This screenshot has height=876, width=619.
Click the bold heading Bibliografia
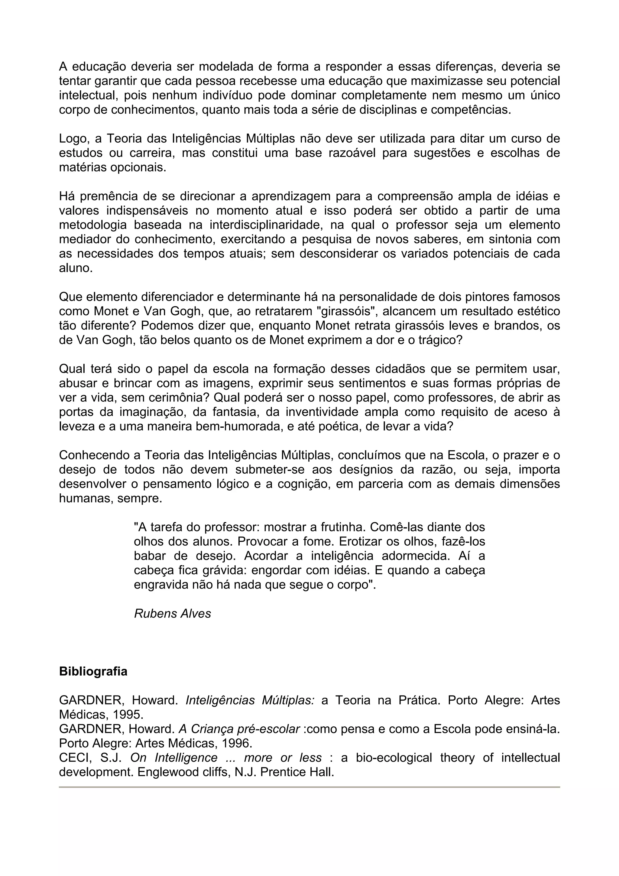pyautogui.click(x=93, y=671)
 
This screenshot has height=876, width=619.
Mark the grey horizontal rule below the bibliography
pyautogui.click(x=309, y=787)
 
